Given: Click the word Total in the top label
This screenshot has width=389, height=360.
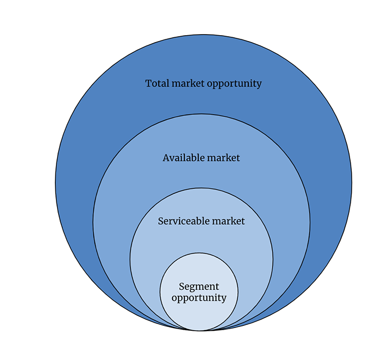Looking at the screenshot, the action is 157,83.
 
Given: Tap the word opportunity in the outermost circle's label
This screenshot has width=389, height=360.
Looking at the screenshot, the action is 234,84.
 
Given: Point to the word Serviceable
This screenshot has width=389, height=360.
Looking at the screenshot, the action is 184,221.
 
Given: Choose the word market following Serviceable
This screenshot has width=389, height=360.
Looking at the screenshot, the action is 229,221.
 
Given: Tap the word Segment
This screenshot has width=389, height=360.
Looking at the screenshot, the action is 199,287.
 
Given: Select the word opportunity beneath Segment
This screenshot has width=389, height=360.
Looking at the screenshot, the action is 199,298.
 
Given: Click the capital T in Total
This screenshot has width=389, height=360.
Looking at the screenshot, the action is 149,83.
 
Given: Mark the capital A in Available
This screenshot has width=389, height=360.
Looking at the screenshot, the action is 166,158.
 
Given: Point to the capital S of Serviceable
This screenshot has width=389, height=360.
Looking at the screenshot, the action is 161,221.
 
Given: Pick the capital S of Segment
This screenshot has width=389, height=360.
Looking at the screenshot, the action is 182,287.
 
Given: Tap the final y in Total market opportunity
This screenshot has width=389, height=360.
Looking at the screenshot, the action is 259,85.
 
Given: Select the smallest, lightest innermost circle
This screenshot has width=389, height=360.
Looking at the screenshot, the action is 199,292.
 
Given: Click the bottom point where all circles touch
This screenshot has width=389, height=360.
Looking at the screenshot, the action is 200,331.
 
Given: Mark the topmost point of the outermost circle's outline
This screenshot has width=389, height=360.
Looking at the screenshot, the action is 204,35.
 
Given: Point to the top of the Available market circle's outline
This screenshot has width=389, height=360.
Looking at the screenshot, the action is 201,114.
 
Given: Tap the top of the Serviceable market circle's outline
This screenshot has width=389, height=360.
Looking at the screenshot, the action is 201,188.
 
